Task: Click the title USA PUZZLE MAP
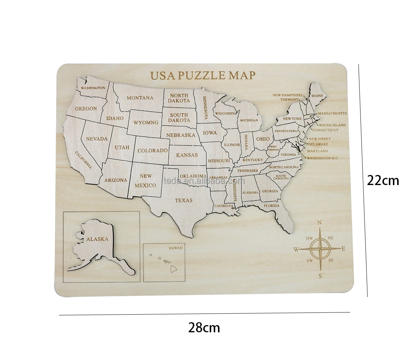point(203,76)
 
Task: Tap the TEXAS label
point(184,200)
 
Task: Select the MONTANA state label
point(140,98)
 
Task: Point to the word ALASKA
point(97,239)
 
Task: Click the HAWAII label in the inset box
point(176,248)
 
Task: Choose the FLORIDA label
point(272,206)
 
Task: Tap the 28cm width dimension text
point(204,328)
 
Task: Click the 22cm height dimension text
point(383,180)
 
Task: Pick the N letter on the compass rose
point(319,223)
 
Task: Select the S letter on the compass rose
point(319,276)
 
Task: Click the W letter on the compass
point(296,249)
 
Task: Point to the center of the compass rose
point(319,249)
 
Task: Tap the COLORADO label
point(153,150)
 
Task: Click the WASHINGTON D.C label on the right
point(322,158)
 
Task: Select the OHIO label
point(263,139)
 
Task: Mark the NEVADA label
point(96,139)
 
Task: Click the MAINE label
point(317,96)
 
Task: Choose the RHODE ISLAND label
point(332,125)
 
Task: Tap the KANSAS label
point(187,155)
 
